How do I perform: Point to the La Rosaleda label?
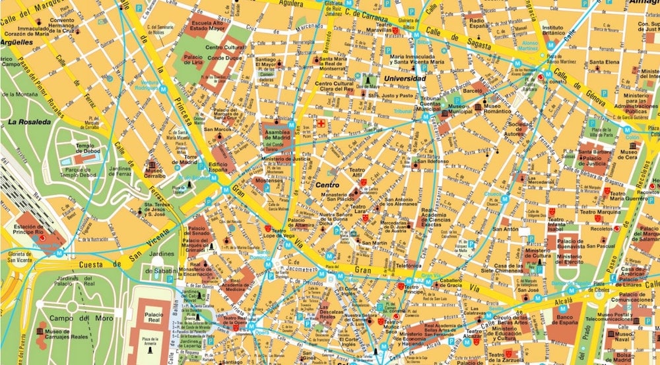(x=30, y=122)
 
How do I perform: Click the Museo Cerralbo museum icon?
(x=152, y=165)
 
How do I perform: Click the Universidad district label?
(x=405, y=78)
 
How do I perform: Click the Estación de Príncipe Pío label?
(x=33, y=231)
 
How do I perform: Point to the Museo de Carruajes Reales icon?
(x=41, y=330)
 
